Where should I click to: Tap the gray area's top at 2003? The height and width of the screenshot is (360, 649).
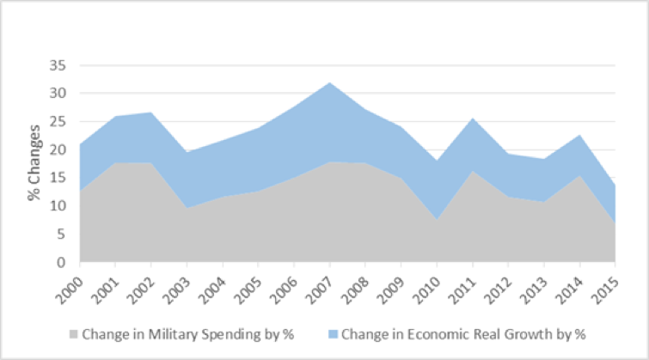coord(188,207)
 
